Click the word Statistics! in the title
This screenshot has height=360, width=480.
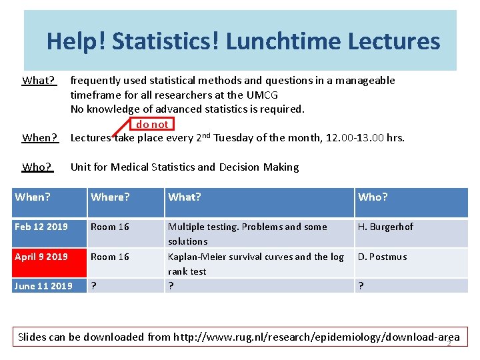pos(167,41)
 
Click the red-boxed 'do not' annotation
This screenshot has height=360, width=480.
pos(152,124)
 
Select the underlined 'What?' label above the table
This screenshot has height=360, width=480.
pos(39,81)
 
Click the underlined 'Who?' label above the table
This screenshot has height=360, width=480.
pos(37,167)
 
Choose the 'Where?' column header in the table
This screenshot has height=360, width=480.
pos(110,197)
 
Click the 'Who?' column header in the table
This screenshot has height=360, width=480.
pos(373,197)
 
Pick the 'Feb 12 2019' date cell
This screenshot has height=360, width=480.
pos(41,227)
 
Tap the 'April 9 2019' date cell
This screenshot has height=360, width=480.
pos(41,257)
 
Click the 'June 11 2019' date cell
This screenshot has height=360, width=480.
pos(43,286)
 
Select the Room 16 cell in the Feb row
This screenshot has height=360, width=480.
pos(110,227)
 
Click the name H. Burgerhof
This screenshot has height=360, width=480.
pos(385,227)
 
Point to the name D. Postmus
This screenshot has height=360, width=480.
pos(382,257)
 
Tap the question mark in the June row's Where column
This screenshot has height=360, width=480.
pos(93,286)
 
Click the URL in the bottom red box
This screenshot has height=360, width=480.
pos(316,337)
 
